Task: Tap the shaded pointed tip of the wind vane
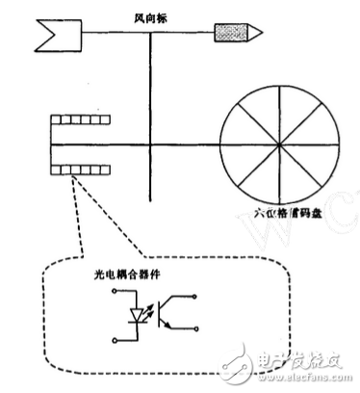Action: click(x=235, y=35)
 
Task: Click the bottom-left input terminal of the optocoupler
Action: click(x=116, y=338)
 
